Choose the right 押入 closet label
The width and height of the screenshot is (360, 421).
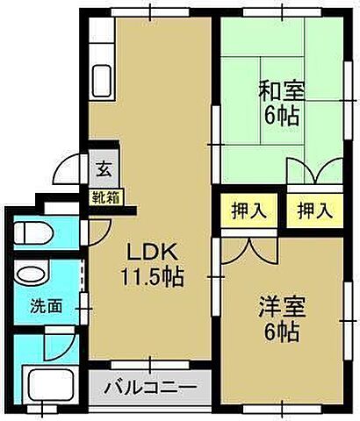313,210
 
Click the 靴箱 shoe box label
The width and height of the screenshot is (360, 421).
104,197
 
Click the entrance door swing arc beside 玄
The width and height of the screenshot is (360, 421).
72,168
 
